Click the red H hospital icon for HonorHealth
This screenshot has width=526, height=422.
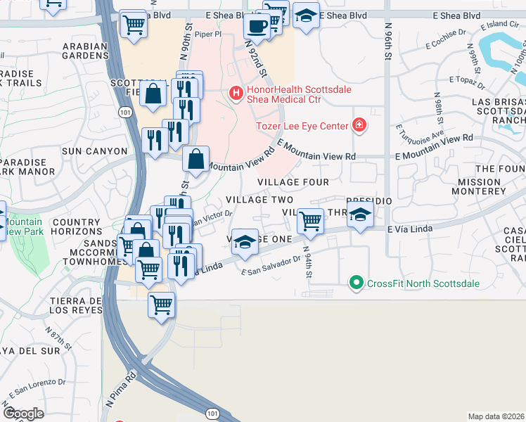236,92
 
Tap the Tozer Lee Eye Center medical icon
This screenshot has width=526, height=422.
359,125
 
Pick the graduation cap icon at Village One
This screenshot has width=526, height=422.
244,241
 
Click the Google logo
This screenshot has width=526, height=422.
23,414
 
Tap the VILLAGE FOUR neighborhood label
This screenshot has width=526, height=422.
293,182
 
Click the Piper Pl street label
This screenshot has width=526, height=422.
208,33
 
